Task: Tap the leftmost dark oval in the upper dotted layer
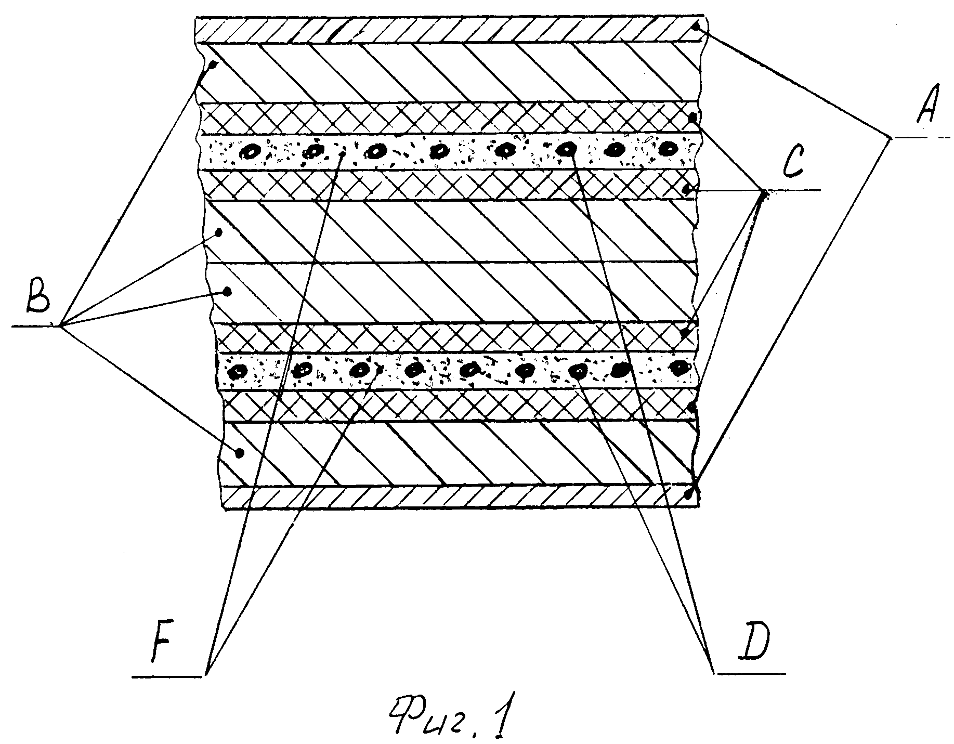tap(251, 152)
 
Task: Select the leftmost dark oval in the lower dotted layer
tap(239, 371)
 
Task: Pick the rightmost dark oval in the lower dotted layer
tap(678, 368)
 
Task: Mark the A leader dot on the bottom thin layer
tap(689, 495)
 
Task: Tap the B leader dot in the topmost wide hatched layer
tap(213, 66)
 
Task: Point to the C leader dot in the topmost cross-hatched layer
tap(692, 118)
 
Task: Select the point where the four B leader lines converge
tap(60, 326)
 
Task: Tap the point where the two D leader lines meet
tap(713, 673)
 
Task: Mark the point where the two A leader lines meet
tap(890, 138)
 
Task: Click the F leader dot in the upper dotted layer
tap(342, 154)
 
